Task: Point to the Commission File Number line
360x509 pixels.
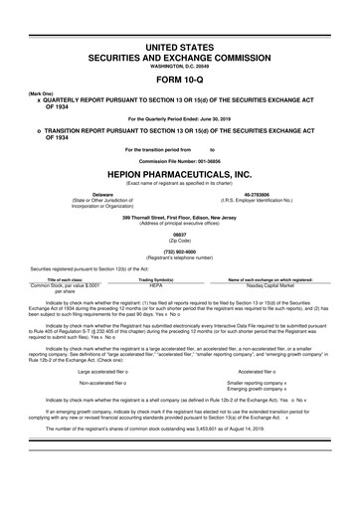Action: click(x=179, y=156)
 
